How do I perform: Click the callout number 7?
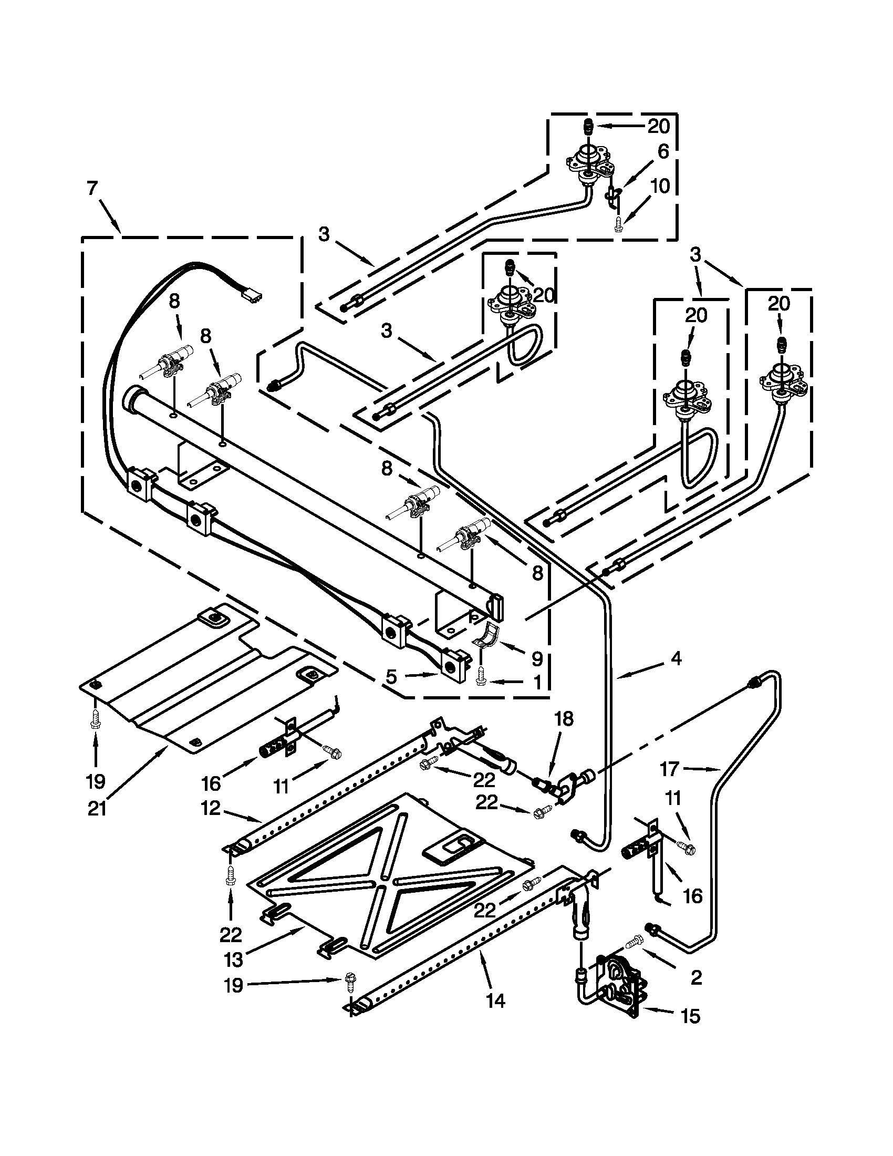point(92,189)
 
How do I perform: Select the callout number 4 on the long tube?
point(676,658)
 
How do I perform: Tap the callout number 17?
point(669,769)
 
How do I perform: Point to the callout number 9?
point(536,658)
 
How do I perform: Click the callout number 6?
point(663,152)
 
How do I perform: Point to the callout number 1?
point(536,683)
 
